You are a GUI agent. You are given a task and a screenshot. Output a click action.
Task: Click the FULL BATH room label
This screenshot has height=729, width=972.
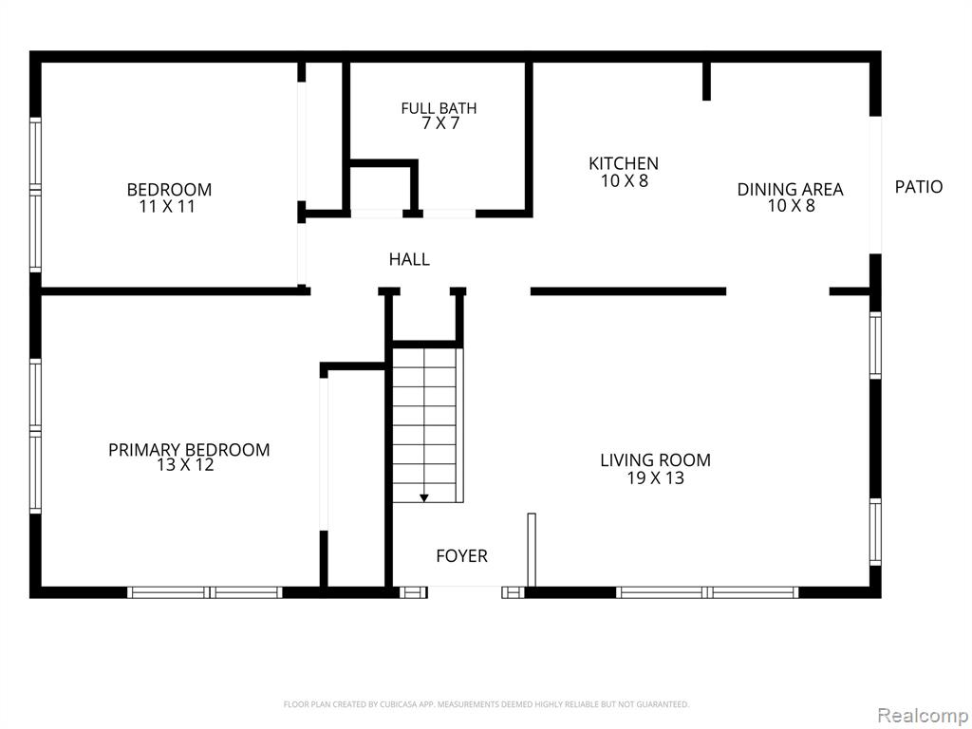coord(439,108)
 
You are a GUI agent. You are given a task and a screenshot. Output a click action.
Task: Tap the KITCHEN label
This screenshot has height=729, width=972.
coord(624,163)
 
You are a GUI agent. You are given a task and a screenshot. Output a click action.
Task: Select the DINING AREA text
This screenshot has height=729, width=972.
coord(791,190)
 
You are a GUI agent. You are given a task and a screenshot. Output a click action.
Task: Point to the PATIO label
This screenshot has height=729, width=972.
coord(919,187)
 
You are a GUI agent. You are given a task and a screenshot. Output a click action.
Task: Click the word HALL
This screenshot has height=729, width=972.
coord(409,259)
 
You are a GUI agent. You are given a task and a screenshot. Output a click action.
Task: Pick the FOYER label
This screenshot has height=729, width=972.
coord(462,556)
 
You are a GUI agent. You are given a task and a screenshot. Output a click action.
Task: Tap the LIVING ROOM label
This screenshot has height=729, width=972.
coord(655,460)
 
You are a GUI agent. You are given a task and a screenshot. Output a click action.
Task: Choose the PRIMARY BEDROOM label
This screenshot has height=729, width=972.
coord(189,449)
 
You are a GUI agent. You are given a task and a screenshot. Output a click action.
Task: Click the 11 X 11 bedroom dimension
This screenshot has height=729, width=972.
coord(167,206)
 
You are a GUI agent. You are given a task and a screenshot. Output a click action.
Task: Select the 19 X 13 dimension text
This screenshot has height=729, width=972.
coord(655,478)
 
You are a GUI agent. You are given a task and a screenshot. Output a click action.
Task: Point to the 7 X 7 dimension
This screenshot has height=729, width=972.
coord(440,123)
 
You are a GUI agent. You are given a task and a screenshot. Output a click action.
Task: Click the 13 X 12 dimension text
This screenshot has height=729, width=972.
coord(185,465)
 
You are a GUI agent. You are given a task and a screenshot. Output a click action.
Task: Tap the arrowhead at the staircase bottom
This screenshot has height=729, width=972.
coord(424,497)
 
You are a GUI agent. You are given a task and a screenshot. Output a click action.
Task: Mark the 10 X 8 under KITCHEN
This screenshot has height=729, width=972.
coord(625,181)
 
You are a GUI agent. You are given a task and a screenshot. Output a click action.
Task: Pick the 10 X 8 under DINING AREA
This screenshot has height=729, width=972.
coord(792,206)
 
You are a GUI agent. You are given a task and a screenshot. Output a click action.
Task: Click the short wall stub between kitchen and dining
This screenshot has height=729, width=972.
coord(706,81)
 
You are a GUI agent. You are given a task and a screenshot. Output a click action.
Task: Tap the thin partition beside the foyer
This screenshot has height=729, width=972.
coord(532,550)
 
